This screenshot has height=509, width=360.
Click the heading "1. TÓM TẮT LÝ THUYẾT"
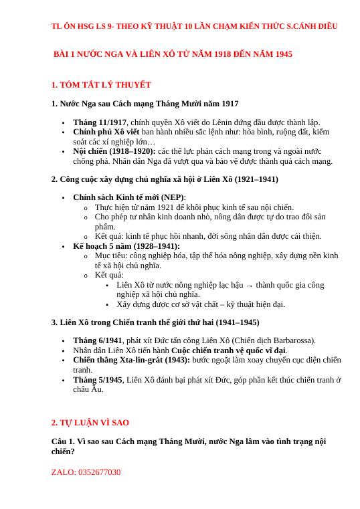tap(101, 85)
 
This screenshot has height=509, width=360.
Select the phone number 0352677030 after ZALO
tap(99, 472)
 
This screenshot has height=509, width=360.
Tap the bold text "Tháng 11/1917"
tap(100, 122)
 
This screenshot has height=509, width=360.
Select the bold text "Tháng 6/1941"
tap(98, 340)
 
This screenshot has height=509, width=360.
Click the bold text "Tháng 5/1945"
tap(98, 380)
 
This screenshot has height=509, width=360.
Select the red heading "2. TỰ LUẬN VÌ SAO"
tap(90, 423)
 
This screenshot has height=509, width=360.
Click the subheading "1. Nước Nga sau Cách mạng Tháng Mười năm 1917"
tap(145, 104)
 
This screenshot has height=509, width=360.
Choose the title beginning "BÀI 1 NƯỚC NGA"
tap(173, 53)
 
